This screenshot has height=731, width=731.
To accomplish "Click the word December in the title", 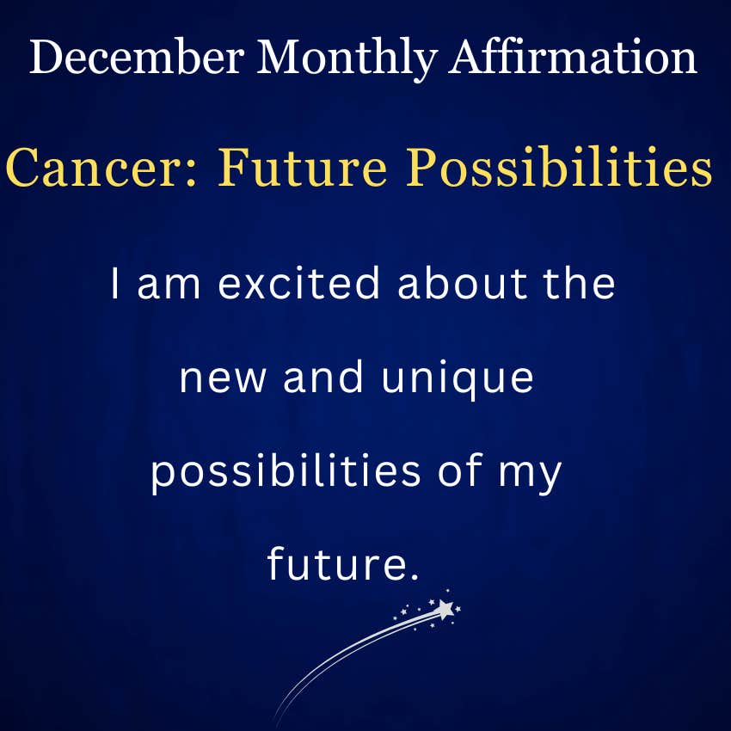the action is [x=137, y=57].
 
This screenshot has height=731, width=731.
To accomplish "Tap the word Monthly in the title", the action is [x=347, y=59].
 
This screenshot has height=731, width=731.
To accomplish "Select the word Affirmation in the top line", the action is [x=573, y=56].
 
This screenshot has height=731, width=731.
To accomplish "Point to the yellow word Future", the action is [x=303, y=167].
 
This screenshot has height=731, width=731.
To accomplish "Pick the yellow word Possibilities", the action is [x=559, y=167].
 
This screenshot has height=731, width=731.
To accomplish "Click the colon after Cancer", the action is [x=191, y=174].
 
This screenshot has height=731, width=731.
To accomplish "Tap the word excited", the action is [x=298, y=283].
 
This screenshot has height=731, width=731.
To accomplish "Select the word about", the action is [x=463, y=283].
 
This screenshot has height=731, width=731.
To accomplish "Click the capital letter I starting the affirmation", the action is [x=114, y=284].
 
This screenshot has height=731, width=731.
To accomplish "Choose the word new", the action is [x=223, y=379].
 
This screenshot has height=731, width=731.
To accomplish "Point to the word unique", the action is [x=458, y=380].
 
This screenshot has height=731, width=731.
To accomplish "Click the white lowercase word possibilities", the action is [x=286, y=471].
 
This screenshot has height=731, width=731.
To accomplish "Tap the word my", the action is [x=530, y=475].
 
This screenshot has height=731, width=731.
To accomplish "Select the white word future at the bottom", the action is [x=335, y=563].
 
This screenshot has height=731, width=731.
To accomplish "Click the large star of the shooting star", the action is [x=445, y=609].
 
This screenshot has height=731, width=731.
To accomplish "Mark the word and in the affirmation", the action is [x=322, y=376].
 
